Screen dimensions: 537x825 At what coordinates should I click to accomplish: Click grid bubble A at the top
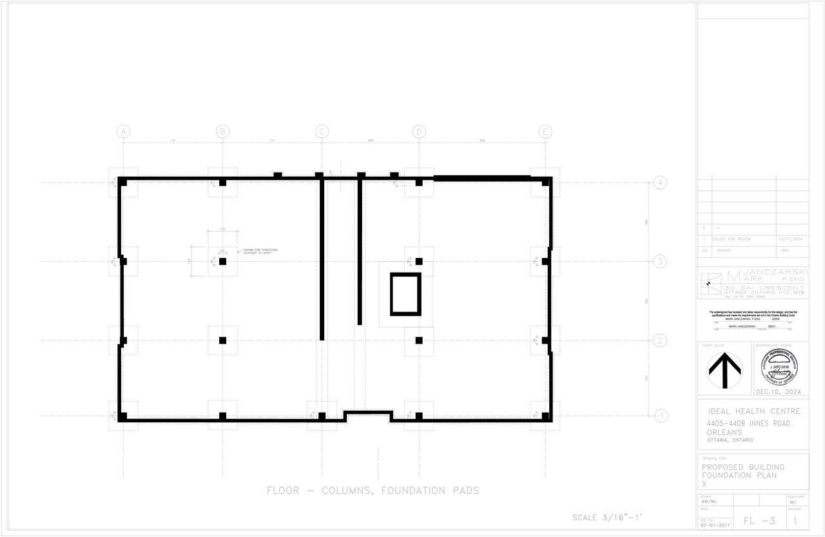123,132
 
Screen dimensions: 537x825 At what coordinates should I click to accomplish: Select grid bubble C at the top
322,132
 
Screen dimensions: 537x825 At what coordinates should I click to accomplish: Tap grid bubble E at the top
545,132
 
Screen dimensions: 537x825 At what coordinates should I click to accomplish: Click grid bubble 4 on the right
660,182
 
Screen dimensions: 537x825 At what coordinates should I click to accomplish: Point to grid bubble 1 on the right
660,416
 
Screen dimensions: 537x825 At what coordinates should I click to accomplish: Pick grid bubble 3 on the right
660,261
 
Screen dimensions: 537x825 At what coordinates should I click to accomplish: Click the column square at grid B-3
222,261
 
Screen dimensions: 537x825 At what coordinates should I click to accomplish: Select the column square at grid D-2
419,340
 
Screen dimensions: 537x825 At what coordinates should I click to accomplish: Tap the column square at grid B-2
222,340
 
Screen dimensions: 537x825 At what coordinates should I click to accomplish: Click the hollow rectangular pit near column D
405,294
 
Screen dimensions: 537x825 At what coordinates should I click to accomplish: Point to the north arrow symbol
724,371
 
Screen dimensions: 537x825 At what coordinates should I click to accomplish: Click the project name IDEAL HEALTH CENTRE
754,411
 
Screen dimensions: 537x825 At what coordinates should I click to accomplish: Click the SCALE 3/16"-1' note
607,518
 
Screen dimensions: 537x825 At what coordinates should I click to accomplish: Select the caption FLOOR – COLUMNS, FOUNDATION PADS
373,491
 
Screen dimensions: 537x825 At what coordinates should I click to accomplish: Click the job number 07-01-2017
715,525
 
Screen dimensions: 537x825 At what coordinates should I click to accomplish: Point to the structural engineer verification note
260,251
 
